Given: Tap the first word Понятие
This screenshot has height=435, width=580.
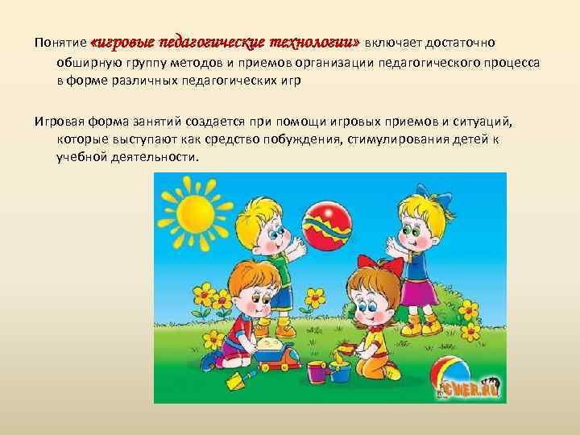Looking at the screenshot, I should [60, 42].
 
